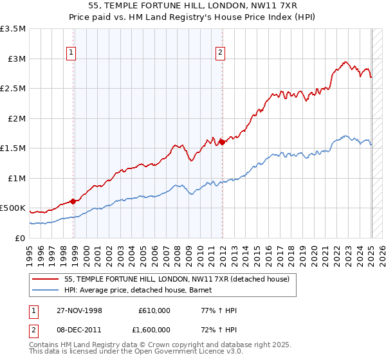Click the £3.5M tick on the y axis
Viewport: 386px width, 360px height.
coord(13,29)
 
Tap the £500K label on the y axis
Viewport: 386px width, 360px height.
coord(13,208)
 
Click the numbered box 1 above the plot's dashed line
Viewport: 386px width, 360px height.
coord(70,53)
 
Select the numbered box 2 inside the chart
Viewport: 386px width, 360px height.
coord(220,53)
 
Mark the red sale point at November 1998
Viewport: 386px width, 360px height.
coord(73,201)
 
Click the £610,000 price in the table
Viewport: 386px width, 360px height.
coord(154,310)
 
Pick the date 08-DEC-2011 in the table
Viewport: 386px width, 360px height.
coord(78,328)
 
